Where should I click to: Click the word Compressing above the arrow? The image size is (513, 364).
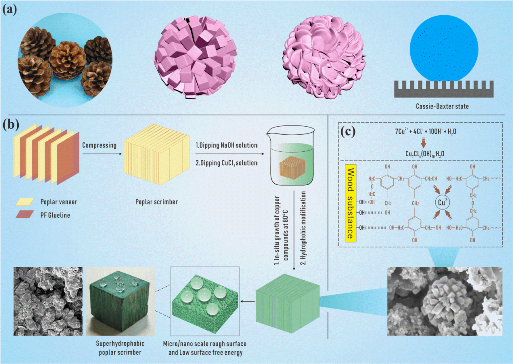tap(100, 145)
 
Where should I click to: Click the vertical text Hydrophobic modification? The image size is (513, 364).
tap(304, 226)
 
